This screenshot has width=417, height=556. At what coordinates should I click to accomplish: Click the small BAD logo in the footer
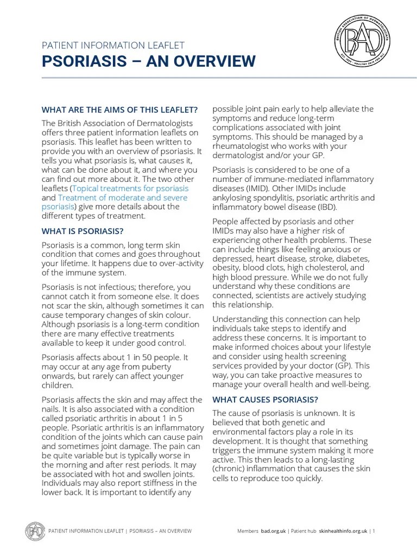35,530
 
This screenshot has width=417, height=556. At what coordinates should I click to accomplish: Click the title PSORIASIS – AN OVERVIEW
148,61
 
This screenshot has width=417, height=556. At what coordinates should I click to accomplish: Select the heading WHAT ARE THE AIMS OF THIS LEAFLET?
119,109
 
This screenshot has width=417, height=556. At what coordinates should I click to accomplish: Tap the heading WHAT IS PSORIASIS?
83,231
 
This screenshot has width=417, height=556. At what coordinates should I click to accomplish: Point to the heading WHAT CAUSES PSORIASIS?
265,400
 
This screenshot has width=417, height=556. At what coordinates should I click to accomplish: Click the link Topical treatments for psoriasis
130,188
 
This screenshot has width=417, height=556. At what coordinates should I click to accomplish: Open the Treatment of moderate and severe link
122,197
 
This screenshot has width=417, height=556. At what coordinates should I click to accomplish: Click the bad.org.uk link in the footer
273,530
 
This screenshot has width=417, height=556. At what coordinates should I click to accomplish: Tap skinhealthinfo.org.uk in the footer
343,530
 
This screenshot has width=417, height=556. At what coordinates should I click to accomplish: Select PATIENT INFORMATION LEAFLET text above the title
113,45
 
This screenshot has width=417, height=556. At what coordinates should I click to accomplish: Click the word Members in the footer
248,530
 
